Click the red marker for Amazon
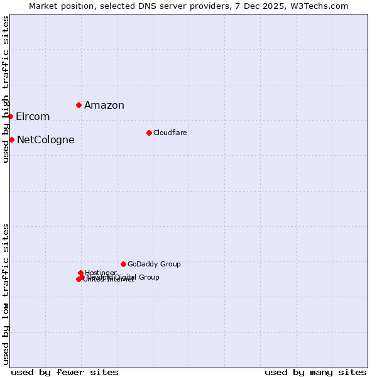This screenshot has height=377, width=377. click(x=79, y=105)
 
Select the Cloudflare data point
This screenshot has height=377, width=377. click(x=149, y=133)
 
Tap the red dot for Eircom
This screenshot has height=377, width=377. click(x=10, y=116)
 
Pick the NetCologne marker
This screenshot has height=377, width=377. click(x=11, y=139)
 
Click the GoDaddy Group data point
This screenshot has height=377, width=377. click(x=123, y=264)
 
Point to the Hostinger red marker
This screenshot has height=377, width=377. click(x=80, y=273)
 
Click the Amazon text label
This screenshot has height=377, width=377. click(x=104, y=106)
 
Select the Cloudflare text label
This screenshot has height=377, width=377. click(x=170, y=133)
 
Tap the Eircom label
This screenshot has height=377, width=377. click(x=33, y=117)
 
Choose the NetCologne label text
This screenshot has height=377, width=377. click(x=46, y=140)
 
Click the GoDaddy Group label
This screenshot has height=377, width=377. click(x=154, y=265)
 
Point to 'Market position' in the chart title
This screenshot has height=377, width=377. click(x=63, y=6)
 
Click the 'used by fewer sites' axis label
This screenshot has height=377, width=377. click(x=65, y=373)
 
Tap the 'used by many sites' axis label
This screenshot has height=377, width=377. click(x=315, y=373)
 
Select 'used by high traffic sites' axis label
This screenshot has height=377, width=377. click(x=6, y=90)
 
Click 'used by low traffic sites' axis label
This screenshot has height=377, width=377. click(x=6, y=294)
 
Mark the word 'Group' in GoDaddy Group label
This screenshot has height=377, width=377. click(x=170, y=265)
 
